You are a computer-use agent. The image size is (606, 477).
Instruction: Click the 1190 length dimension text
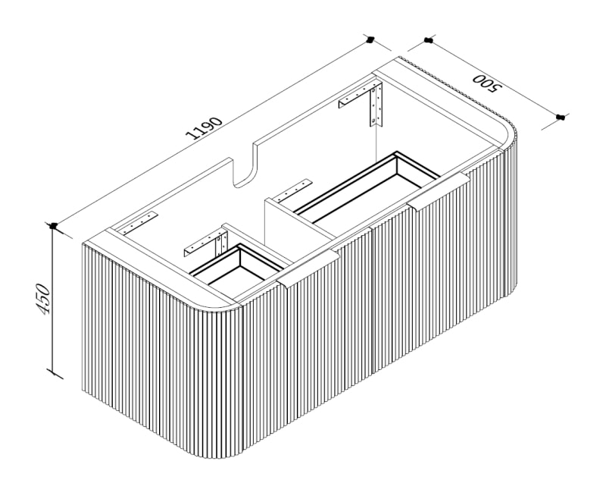click(x=204, y=127)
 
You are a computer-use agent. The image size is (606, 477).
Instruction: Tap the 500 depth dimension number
click(x=486, y=83)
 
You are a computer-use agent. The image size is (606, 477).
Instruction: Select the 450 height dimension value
click(x=43, y=299)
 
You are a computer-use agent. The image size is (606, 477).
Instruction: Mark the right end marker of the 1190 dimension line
click(x=370, y=39)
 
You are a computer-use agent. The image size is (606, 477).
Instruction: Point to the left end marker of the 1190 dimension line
click(x=53, y=225)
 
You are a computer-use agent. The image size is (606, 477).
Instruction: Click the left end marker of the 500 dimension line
click(x=428, y=40)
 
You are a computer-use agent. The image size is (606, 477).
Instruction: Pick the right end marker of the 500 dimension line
click(x=561, y=117)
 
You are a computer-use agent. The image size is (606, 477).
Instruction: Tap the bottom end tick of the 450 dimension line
click(x=54, y=374)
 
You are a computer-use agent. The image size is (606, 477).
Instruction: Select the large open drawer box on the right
click(x=367, y=187)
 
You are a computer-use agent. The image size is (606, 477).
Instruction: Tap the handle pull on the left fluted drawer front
click(x=308, y=268)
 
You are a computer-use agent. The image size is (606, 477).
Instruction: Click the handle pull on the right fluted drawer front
click(x=439, y=191)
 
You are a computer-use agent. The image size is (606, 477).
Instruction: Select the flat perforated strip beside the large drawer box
click(x=292, y=190)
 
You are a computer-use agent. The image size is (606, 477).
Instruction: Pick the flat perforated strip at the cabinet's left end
click(x=139, y=223)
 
